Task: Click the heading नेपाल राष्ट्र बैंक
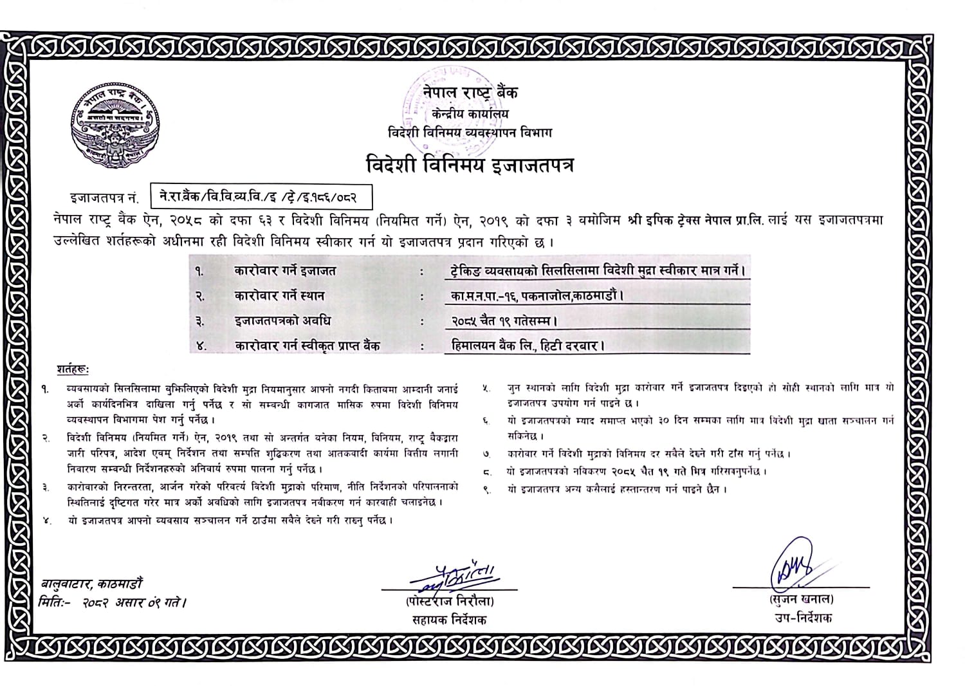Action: [470, 92]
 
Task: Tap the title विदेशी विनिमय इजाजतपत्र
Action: [470, 165]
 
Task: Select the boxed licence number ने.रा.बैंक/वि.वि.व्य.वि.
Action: [261, 197]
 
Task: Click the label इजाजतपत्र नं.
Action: [104, 198]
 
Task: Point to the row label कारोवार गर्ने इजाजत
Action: [284, 271]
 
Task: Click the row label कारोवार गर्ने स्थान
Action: [279, 296]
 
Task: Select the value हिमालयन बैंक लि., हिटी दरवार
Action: [528, 346]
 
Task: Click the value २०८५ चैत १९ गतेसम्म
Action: [504, 320]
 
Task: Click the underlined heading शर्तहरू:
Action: [73, 370]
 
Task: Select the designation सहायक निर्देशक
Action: [450, 620]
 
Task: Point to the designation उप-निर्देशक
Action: [803, 618]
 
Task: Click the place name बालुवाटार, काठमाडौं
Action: [92, 584]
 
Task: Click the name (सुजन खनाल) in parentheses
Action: [802, 599]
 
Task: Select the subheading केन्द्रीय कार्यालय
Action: [470, 114]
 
